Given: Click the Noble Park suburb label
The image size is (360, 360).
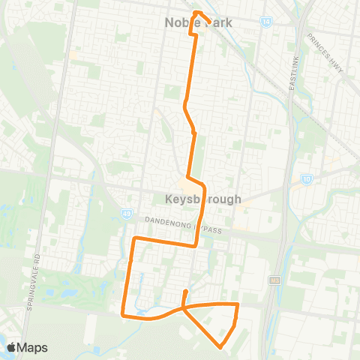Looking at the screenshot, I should [198, 23].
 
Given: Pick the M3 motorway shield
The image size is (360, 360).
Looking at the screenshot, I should [275, 280].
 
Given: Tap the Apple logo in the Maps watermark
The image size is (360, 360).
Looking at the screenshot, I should [12, 347].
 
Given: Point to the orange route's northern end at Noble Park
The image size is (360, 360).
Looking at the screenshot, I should [196, 12].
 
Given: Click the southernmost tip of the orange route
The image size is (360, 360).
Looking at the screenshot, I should [220, 347].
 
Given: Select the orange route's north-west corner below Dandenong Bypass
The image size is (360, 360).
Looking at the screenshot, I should [134, 238].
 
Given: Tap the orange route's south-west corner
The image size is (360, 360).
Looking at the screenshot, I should [123, 314].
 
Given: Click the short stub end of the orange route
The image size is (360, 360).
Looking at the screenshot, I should [186, 289].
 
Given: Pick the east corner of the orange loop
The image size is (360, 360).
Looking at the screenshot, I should [238, 305].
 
